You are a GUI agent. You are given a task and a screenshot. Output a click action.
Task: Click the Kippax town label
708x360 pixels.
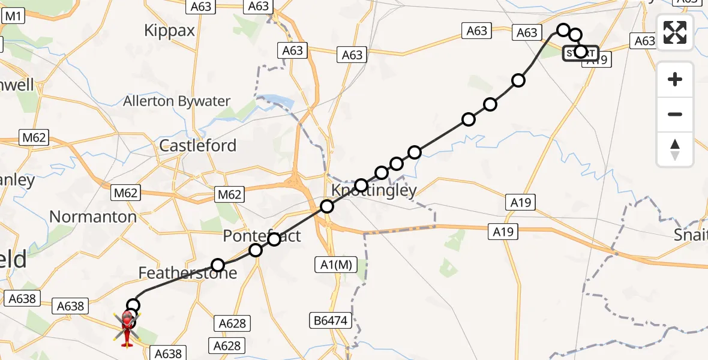pyautogui.click(x=170, y=31)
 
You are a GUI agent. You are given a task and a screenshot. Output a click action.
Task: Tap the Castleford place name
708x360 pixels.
pyautogui.click(x=197, y=146)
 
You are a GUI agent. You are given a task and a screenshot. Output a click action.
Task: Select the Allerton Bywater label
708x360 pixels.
pyautogui.click(x=176, y=101)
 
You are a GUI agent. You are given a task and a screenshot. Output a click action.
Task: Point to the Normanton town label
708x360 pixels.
pyautogui.click(x=93, y=217)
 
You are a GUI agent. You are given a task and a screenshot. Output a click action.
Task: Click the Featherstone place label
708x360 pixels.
pyautogui.click(x=188, y=274)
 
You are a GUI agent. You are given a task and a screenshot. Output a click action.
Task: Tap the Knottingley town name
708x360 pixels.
pyautogui.click(x=374, y=191)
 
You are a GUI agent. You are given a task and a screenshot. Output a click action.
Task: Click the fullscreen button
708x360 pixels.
pyautogui.click(x=675, y=32)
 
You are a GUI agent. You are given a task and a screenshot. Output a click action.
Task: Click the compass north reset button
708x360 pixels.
pyautogui.click(x=675, y=149)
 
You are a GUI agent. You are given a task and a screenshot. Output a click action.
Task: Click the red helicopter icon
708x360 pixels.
pyautogui.click(x=127, y=328)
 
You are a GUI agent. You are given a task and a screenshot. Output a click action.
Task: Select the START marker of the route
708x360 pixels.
pyautogui.click(x=580, y=53)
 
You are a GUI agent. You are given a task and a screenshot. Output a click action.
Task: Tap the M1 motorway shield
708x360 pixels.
pyautogui.click(x=13, y=16)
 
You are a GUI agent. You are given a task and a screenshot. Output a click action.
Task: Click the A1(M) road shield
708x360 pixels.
pyautogui.click(x=333, y=264)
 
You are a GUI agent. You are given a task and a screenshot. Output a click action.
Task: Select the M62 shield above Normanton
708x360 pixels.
pyautogui.click(x=125, y=193)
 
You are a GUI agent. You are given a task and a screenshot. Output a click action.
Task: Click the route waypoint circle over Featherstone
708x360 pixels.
pyautogui.click(x=218, y=265)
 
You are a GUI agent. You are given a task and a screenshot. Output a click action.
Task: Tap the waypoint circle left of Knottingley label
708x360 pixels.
pyautogui.click(x=327, y=207)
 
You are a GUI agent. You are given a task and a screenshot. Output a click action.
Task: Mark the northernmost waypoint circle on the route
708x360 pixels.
pyautogui.click(x=563, y=29)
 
